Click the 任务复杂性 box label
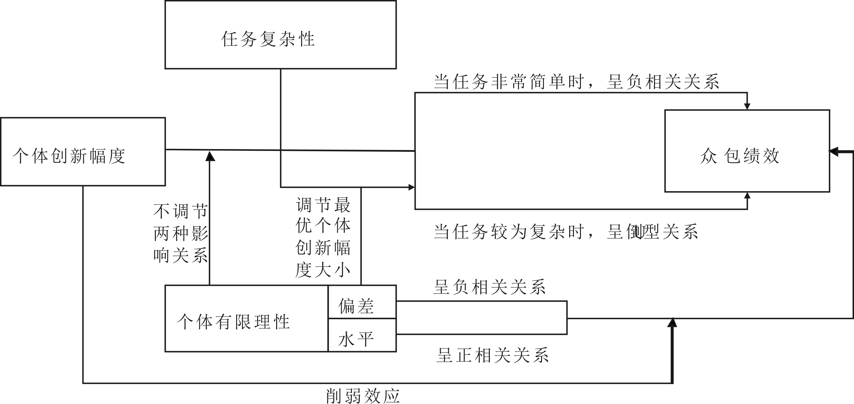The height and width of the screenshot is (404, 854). point(268,39)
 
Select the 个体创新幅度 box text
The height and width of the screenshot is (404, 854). point(69,156)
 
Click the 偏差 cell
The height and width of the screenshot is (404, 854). point(356,306)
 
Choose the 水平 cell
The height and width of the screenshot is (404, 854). point(356,339)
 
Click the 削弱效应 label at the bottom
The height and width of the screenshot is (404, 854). point(363,396)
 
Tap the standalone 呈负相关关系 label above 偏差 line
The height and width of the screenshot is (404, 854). point(489,287)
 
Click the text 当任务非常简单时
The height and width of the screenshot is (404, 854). point(509,82)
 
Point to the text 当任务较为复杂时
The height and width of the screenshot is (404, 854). point(509,232)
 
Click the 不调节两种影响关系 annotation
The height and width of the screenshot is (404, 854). point(181,233)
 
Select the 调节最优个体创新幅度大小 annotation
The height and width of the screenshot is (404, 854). point(323,237)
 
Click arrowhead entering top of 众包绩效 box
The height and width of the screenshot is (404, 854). point(747,106)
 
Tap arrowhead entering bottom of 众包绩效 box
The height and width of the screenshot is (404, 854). point(747,196)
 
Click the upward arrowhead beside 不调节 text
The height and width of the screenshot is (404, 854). point(210,156)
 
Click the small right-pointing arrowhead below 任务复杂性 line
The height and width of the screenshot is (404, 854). point(412,187)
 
